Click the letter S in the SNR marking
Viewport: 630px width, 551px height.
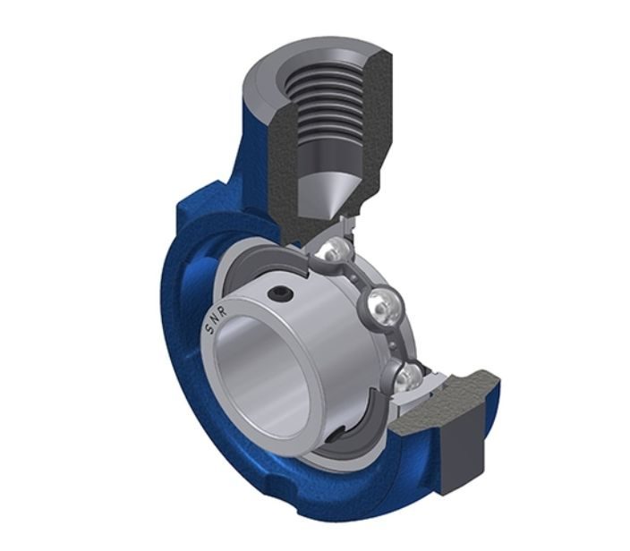[x=209, y=329]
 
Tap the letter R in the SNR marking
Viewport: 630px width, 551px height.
[x=223, y=310]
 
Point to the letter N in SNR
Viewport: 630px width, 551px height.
[x=214, y=319]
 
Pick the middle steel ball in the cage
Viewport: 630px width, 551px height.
[x=382, y=304]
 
